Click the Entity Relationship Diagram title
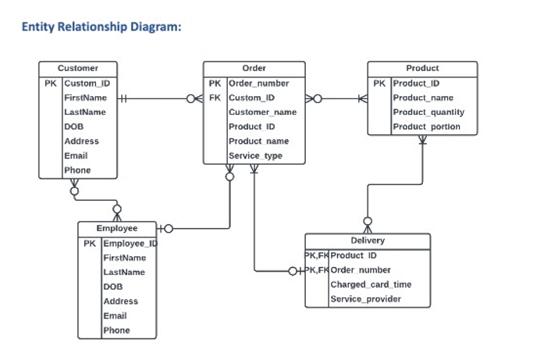pyautogui.click(x=101, y=27)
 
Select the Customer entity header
pyautogui.click(x=78, y=69)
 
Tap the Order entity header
pyautogui.click(x=254, y=69)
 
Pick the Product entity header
pyautogui.click(x=422, y=69)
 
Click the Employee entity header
pyautogui.click(x=116, y=229)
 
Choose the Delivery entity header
pyautogui.click(x=367, y=241)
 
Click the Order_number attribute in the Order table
pyautogui.click(x=258, y=84)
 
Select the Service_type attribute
pyautogui.click(x=255, y=156)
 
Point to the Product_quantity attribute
pyautogui.click(x=428, y=112)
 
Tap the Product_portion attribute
pyautogui.click(x=426, y=127)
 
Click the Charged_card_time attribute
pyautogui.click(x=371, y=285)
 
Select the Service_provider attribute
pyautogui.click(x=366, y=299)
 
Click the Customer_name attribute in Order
pyautogui.click(x=262, y=112)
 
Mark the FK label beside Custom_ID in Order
pyautogui.click(x=215, y=98)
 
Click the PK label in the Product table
pyautogui.click(x=379, y=84)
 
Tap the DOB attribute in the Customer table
pyautogui.click(x=73, y=127)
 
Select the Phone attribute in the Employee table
pyautogui.click(x=116, y=330)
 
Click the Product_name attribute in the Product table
pyautogui.click(x=422, y=98)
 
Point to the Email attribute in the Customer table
pyautogui.click(x=76, y=156)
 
